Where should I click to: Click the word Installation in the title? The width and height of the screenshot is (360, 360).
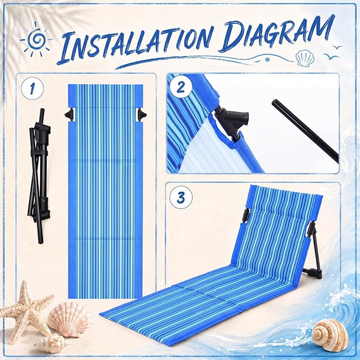coord(136,43)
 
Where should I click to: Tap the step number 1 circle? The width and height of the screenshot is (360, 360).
coord(32,89)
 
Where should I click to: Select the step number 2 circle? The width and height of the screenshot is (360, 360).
coord(181,87)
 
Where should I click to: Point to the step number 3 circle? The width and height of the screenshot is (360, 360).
coord(181,197)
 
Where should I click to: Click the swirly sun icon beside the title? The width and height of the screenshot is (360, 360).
coord(36,39)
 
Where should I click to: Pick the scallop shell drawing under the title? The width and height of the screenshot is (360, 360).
coord(305,59)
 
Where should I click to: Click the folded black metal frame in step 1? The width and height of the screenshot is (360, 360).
coord(40,175)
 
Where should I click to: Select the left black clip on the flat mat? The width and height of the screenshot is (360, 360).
coord(70,114)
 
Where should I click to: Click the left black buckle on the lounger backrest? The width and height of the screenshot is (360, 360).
coord(245,214)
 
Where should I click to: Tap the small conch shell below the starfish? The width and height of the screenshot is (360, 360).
coord(50,344)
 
